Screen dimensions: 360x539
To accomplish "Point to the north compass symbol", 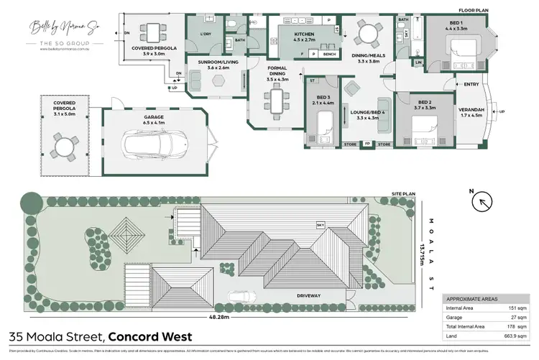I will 480,200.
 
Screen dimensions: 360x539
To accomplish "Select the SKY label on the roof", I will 321,225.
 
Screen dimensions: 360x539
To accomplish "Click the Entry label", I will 471,85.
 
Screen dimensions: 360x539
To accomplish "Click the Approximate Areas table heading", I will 474,297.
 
